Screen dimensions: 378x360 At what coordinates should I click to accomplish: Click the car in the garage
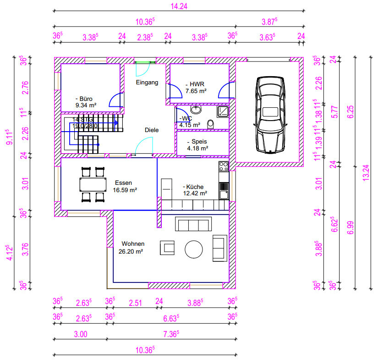click(270, 115)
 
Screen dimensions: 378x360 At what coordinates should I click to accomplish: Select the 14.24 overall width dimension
click(179, 6)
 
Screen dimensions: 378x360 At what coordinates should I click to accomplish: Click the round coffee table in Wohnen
click(193, 249)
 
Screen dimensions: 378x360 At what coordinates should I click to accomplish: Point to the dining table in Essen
click(93, 184)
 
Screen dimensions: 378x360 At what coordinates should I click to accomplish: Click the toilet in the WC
click(210, 124)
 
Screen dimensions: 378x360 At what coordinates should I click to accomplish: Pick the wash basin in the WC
click(196, 109)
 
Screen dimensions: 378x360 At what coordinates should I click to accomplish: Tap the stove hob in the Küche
click(224, 166)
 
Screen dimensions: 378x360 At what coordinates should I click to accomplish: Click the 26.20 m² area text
click(131, 251)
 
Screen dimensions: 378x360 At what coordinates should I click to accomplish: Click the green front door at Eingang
click(145, 62)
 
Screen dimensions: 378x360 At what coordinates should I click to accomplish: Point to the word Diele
click(152, 130)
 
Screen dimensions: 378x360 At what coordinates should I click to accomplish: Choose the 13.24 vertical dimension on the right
click(366, 173)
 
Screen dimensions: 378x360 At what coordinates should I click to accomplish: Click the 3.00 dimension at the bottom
click(81, 334)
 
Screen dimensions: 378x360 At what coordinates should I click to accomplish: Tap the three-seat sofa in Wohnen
click(193, 224)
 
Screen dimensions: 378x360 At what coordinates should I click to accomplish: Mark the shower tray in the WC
click(223, 111)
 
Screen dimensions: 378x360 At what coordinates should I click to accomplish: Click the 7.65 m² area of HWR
click(196, 91)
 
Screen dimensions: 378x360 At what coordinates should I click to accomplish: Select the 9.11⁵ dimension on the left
click(10, 137)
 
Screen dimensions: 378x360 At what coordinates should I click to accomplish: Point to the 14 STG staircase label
click(82, 119)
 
